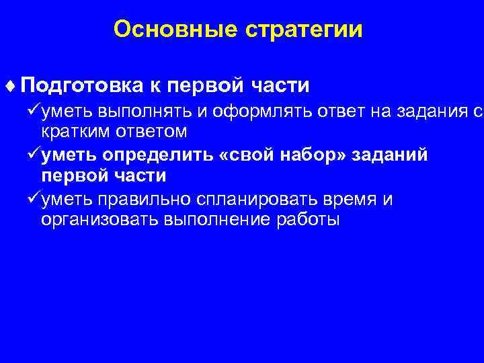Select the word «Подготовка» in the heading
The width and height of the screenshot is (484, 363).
[x=81, y=87]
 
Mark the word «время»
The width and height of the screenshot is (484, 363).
[x=350, y=200]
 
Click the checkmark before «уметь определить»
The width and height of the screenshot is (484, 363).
[x=33, y=155]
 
